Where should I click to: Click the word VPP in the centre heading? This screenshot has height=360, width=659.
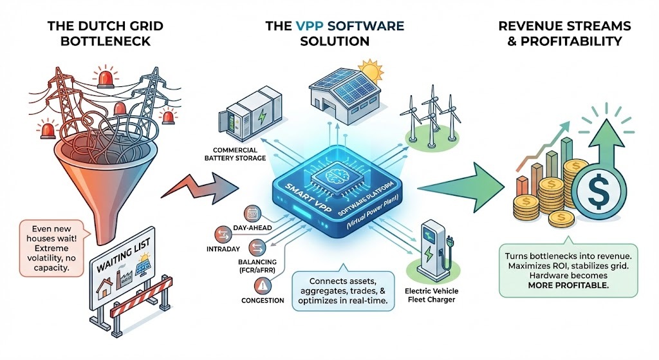[x=309, y=26]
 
